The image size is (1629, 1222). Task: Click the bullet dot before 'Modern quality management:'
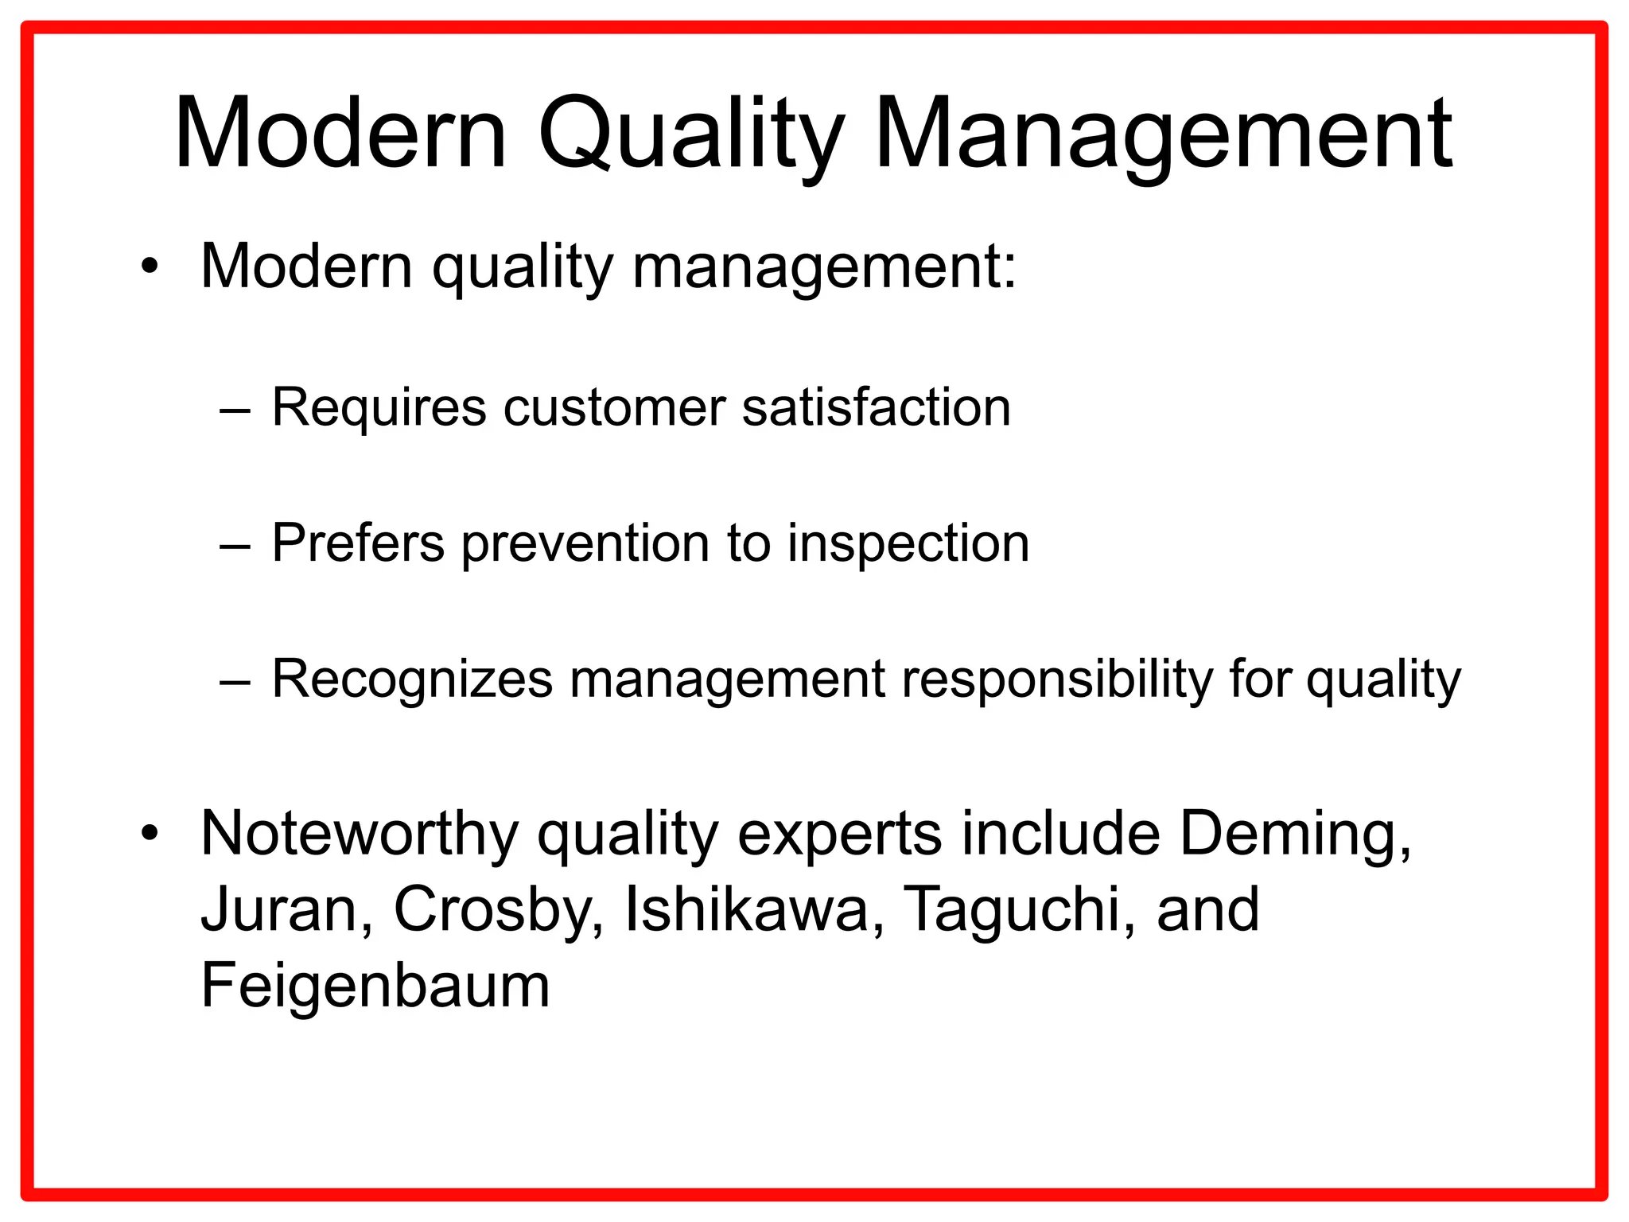(149, 267)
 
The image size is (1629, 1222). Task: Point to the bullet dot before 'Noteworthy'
(149, 835)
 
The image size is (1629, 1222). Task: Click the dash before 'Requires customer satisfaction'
(235, 411)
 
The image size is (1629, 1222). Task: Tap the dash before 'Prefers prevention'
(235, 547)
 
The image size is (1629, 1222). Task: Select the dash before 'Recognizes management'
(235, 682)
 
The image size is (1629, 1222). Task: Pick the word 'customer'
(614, 407)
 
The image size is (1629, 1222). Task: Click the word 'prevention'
(585, 544)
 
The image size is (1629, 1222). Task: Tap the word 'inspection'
(908, 544)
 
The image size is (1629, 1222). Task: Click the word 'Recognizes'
(412, 680)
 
